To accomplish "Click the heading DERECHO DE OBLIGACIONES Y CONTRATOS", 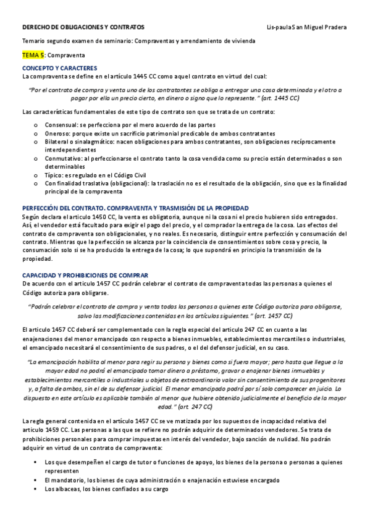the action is [83, 27].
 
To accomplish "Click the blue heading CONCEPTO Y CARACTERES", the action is [59, 67].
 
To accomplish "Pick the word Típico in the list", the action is [54, 175].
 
